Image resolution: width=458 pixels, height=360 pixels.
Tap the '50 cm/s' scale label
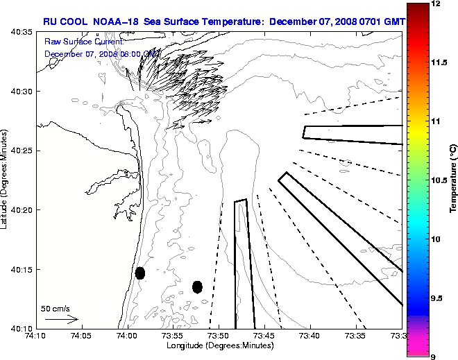56,308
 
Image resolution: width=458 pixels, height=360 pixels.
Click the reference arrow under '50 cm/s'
61,320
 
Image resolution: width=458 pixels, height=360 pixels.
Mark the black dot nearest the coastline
140,273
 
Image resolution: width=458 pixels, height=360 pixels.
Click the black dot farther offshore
197,286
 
